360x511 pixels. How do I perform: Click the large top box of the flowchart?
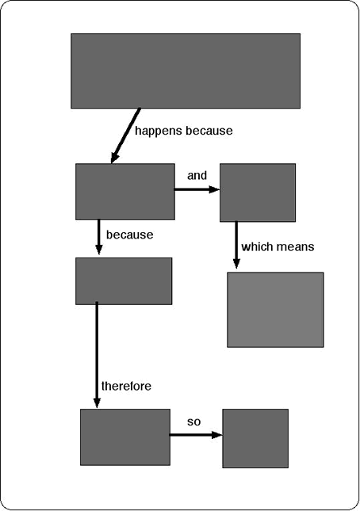(186, 71)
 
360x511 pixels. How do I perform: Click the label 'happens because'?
(184, 131)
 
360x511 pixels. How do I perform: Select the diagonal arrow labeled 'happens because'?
(125, 135)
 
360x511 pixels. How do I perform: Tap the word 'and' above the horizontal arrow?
(197, 176)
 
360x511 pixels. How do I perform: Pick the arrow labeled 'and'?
(197, 189)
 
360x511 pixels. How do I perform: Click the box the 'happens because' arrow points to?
(125, 192)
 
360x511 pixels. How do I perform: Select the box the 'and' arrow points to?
(258, 193)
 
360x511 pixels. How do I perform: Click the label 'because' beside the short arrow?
(130, 235)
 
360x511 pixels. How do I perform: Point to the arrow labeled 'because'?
(99, 237)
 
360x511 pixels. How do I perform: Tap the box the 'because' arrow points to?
(124, 281)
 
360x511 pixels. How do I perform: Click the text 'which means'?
(278, 246)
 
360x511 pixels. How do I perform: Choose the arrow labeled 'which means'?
(236, 245)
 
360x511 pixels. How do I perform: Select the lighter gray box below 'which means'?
(275, 310)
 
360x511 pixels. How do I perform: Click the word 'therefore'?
(127, 386)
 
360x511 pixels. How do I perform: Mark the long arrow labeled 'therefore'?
(97, 355)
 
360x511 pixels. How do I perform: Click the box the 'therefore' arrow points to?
(125, 437)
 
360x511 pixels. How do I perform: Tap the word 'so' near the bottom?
(193, 422)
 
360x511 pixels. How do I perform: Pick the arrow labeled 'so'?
(196, 435)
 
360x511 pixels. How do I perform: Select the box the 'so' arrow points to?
(255, 439)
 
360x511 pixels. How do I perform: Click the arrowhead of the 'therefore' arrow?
(97, 402)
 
